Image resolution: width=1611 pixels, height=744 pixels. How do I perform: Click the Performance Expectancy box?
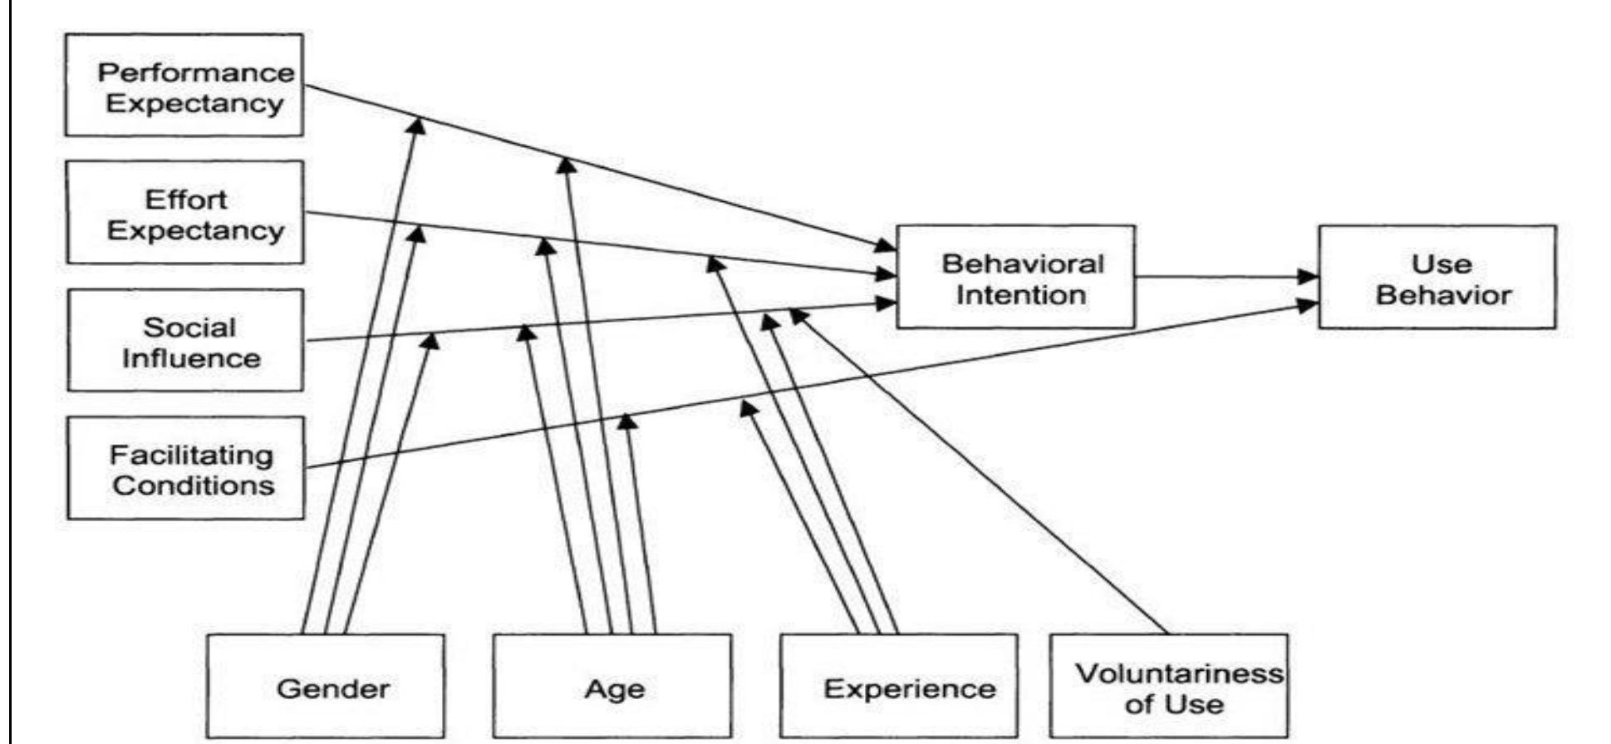pyautogui.click(x=184, y=85)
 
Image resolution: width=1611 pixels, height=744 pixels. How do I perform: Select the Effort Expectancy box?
pyautogui.click(x=185, y=213)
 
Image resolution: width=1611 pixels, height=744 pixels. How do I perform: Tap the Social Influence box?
pyautogui.click(x=185, y=340)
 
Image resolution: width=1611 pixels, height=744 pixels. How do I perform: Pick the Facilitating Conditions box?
pyautogui.click(x=185, y=468)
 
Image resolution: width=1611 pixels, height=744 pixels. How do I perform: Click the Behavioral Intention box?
pyautogui.click(x=1015, y=277)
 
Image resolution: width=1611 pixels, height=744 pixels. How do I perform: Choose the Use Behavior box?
pyautogui.click(x=1437, y=277)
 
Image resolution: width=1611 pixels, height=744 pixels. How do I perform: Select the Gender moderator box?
pyautogui.click(x=325, y=687)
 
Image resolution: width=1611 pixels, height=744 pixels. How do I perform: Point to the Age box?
pyautogui.click(x=612, y=687)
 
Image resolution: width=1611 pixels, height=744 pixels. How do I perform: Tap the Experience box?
pyautogui.click(x=899, y=687)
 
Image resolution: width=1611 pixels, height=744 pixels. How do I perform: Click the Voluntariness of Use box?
pyautogui.click(x=1169, y=687)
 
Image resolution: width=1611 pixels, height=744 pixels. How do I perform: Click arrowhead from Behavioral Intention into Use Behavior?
pyautogui.click(x=1309, y=278)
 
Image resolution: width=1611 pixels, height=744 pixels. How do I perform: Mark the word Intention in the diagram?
pyautogui.click(x=1021, y=295)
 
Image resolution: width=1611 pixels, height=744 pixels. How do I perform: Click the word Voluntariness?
pyautogui.click(x=1179, y=673)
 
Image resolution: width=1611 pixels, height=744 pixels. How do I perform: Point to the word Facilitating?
pyautogui.click(x=191, y=455)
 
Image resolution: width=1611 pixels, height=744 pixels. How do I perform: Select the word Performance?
pyautogui.click(x=196, y=72)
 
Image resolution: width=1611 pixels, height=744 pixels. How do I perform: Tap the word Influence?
pyautogui.click(x=191, y=358)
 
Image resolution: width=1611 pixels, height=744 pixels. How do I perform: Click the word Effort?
pyautogui.click(x=185, y=200)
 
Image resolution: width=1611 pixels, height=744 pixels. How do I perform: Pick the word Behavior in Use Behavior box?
pyautogui.click(x=1443, y=295)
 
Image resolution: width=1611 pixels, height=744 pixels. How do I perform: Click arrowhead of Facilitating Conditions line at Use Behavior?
pyautogui.click(x=1309, y=304)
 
